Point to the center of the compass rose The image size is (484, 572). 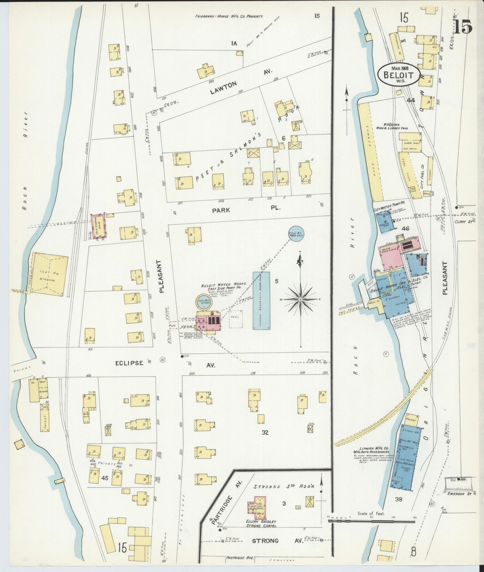click(300, 299)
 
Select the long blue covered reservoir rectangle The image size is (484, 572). click(261, 301)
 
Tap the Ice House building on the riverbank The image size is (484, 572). click(50, 274)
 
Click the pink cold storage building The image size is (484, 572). click(99, 226)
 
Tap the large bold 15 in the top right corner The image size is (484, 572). click(463, 26)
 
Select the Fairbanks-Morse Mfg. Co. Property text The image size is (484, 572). click(229, 16)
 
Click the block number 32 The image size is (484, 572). click(265, 433)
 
